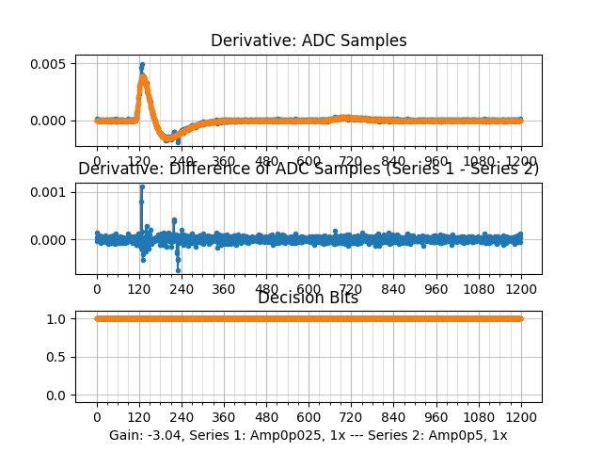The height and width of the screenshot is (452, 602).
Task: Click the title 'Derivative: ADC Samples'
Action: pos(309,40)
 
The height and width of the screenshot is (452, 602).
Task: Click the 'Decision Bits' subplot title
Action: pos(309,298)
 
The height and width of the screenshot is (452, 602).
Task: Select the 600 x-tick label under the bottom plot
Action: pos(309,417)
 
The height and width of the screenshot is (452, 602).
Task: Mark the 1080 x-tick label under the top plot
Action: pos(479,161)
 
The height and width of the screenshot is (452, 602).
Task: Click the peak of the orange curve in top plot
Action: pos(142,77)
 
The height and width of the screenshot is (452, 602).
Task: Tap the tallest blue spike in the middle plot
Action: pos(141,186)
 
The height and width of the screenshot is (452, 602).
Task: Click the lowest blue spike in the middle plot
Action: pos(178,269)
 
